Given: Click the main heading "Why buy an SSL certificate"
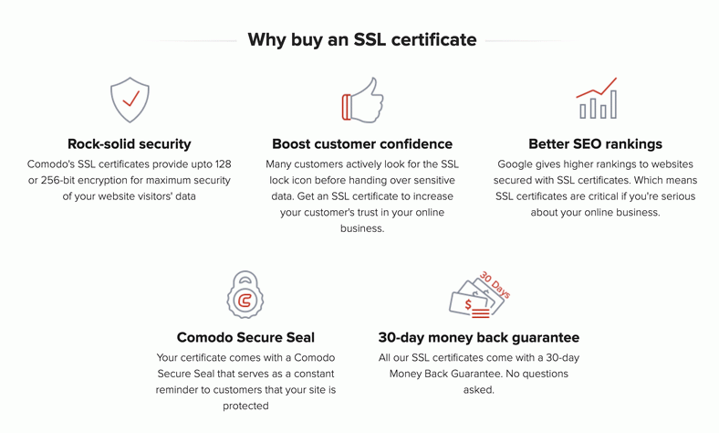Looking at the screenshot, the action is (x=362, y=40).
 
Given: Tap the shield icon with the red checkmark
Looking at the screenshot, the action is (x=130, y=100).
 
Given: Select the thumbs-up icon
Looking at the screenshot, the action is (x=363, y=100).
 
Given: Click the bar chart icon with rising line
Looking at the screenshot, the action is (x=597, y=99).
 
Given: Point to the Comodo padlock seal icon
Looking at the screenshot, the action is (x=245, y=294).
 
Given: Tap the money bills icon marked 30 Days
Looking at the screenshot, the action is (x=479, y=294).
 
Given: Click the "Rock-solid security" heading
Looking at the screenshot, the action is (x=130, y=143).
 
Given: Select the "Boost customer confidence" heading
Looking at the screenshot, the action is (x=362, y=143).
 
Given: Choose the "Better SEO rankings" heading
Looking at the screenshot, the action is (x=595, y=143).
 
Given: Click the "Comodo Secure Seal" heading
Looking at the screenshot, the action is (x=245, y=337).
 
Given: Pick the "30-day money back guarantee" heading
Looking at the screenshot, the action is (x=479, y=337).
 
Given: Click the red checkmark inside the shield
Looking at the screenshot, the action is (x=131, y=99).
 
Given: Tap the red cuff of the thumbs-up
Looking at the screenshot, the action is (x=346, y=107).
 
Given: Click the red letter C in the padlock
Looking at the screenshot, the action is (x=245, y=301).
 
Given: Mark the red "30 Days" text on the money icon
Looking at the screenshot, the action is (x=495, y=285).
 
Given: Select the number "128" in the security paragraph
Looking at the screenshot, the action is (x=223, y=164).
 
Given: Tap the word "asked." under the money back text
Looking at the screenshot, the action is (x=479, y=390).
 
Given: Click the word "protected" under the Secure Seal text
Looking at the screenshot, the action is (x=245, y=406).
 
